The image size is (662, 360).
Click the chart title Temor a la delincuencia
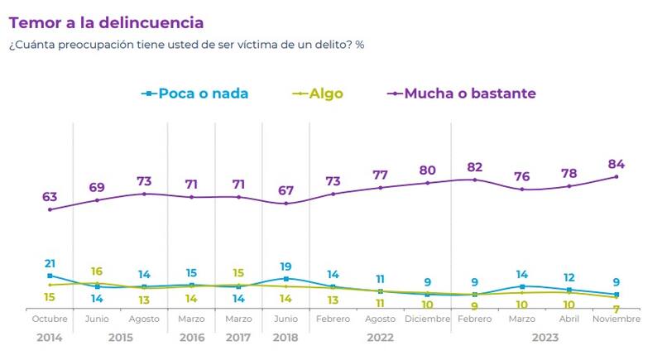click(106, 22)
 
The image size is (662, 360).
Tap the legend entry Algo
click(326, 94)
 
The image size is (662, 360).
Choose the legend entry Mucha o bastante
click(469, 94)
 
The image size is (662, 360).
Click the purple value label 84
click(616, 163)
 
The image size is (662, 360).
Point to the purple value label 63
click(50, 196)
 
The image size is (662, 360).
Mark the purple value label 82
click(474, 166)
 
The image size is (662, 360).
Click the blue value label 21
click(50, 263)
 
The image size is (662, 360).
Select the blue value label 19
click(285, 266)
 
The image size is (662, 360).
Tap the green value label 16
click(97, 271)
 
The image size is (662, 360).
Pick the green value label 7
click(616, 309)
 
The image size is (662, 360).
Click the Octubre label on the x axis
click(50, 319)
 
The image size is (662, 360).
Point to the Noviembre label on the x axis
click(616, 319)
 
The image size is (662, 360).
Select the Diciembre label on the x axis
click(427, 319)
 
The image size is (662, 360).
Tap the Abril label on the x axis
click(569, 319)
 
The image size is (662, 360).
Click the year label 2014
click(50, 338)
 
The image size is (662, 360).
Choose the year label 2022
click(380, 338)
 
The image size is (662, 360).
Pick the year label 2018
click(285, 338)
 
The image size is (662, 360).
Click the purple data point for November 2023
click(616, 176)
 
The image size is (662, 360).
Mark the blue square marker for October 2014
click(50, 276)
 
